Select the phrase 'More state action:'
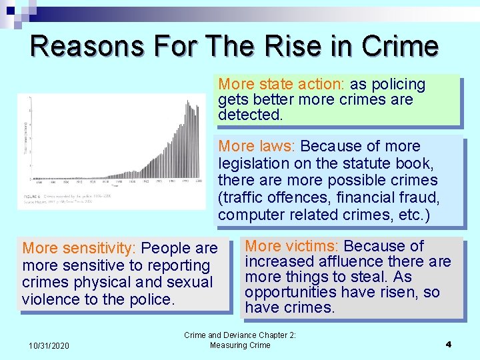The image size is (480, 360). point(281,85)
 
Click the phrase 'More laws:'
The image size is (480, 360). point(258,147)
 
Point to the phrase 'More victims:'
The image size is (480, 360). point(292,246)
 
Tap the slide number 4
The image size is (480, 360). point(448,345)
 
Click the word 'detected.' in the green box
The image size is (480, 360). point(250,115)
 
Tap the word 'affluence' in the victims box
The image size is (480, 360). point(343,261)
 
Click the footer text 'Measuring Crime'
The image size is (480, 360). point(240,345)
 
